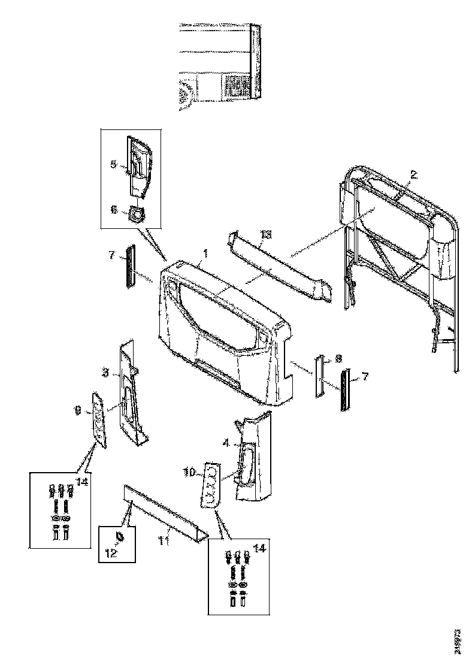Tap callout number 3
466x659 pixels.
[x=105, y=373]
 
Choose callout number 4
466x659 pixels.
[x=225, y=443]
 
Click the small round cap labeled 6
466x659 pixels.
[x=137, y=214]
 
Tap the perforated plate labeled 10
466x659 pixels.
[x=210, y=483]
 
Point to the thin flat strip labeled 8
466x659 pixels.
[x=319, y=378]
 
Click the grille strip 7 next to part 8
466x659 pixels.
[x=344, y=390]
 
